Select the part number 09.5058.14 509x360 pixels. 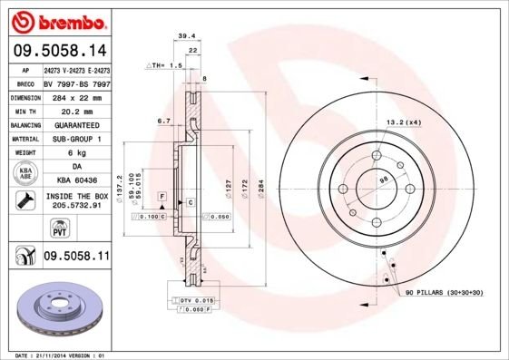click(60, 52)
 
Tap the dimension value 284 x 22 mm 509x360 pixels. click(76, 95)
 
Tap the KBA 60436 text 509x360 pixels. click(76, 181)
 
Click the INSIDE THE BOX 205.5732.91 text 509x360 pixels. click(76, 201)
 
